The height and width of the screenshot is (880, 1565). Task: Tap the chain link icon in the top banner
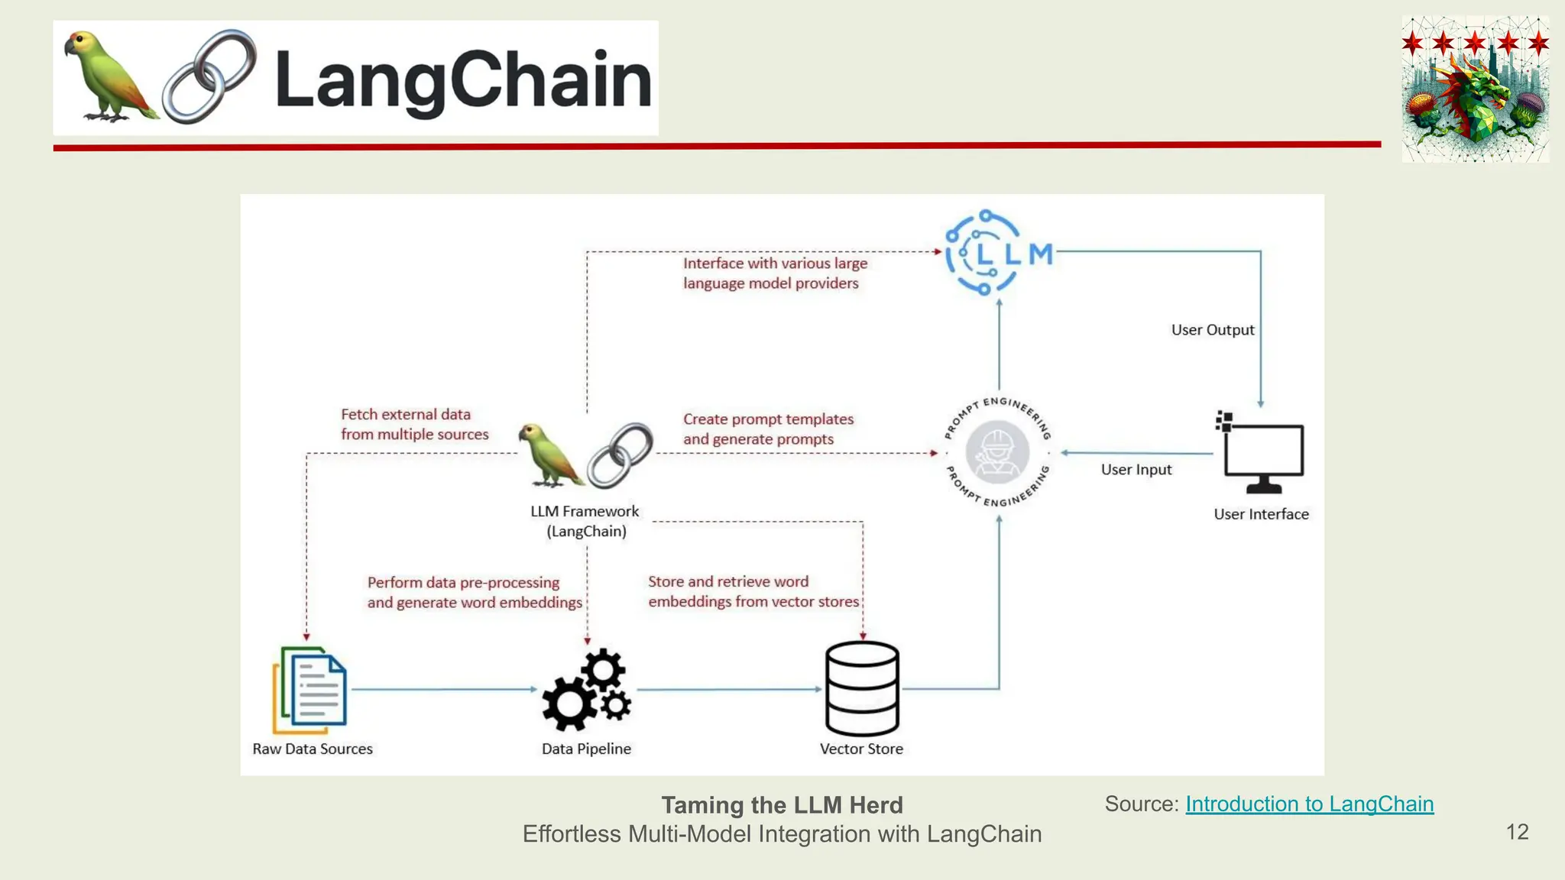click(209, 76)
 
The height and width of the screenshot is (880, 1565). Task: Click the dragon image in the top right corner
click(1475, 90)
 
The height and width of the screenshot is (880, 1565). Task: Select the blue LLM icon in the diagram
click(997, 253)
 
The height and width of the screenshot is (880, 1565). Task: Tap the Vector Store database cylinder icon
click(862, 688)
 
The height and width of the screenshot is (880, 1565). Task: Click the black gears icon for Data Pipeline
click(587, 689)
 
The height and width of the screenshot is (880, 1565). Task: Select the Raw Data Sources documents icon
click(310, 690)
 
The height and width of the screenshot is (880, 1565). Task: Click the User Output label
click(1212, 330)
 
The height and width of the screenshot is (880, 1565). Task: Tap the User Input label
click(1136, 470)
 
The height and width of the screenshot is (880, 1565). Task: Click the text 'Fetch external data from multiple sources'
click(414, 424)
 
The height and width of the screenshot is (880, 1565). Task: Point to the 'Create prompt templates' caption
click(767, 429)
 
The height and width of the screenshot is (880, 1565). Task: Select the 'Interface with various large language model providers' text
click(774, 273)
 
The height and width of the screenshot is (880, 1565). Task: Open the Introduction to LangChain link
click(1309, 804)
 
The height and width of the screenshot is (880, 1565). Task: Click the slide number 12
click(1517, 832)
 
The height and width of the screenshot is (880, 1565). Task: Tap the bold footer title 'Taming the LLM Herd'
click(782, 805)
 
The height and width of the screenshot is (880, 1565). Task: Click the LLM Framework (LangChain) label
click(585, 521)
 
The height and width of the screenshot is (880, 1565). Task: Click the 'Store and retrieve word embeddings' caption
click(753, 591)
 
